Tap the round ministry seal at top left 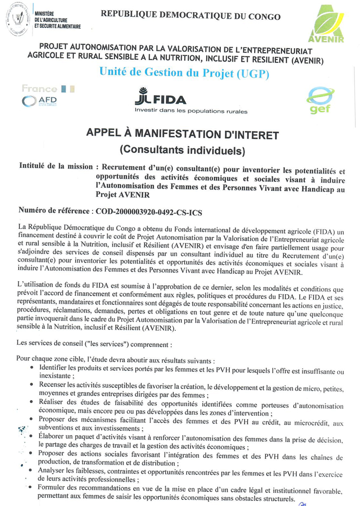click(17, 21)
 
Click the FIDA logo click(161, 98)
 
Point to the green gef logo click(319, 100)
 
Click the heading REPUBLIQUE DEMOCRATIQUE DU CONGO click(190, 16)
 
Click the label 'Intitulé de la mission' click(55, 166)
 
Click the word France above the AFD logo click(39, 89)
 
